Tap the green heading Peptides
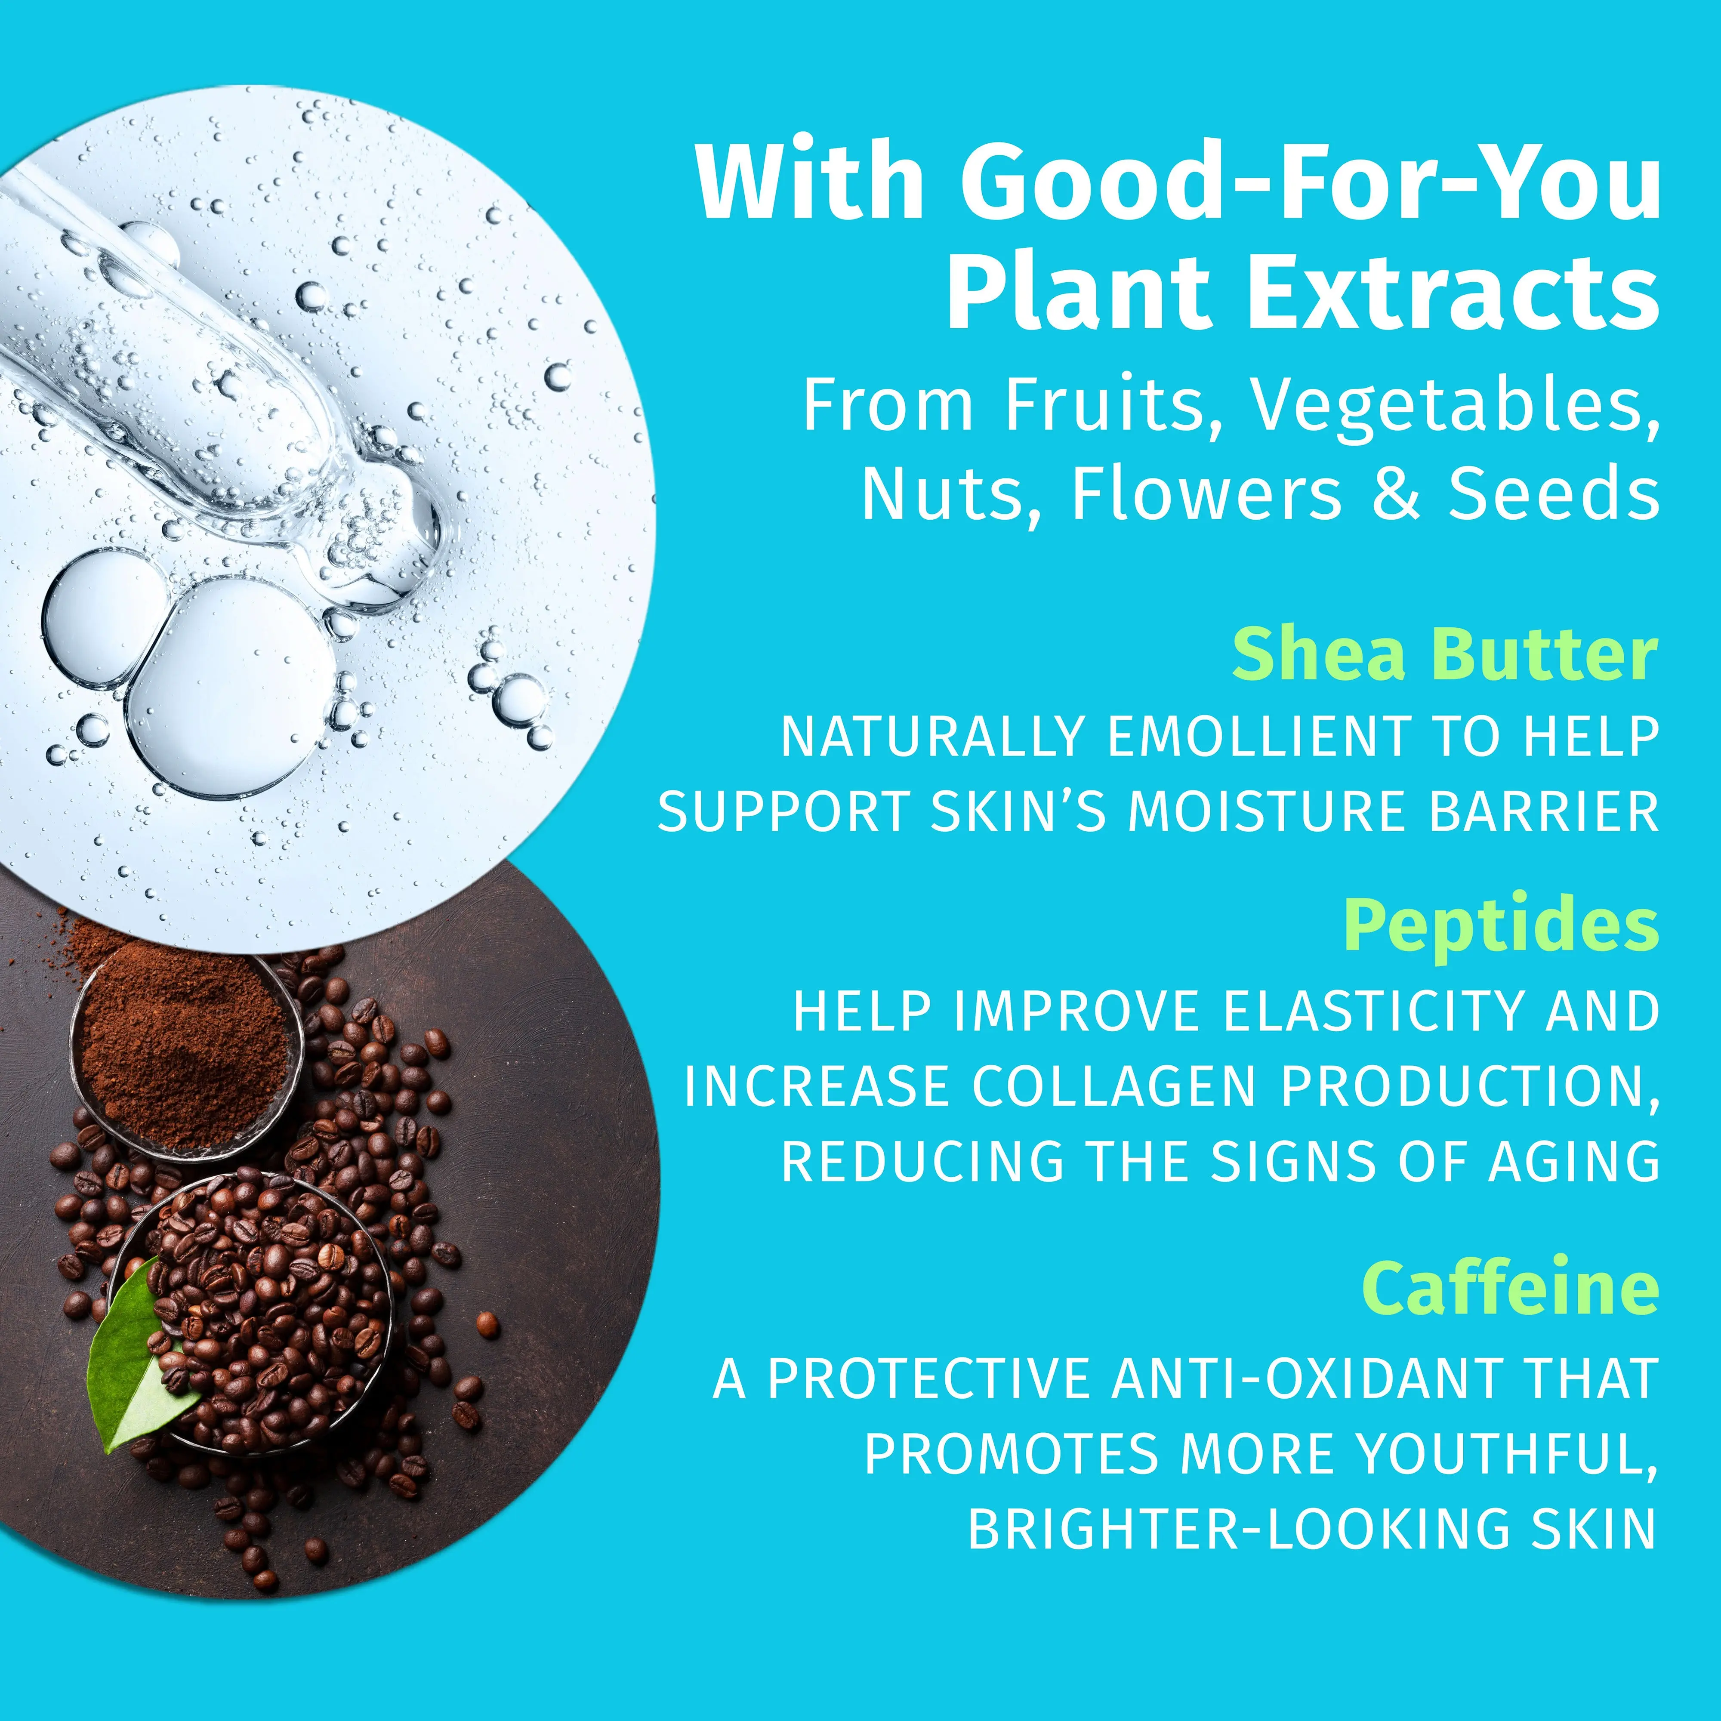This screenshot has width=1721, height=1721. pos(1501,926)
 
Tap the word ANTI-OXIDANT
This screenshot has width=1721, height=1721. pos(1292,1378)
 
